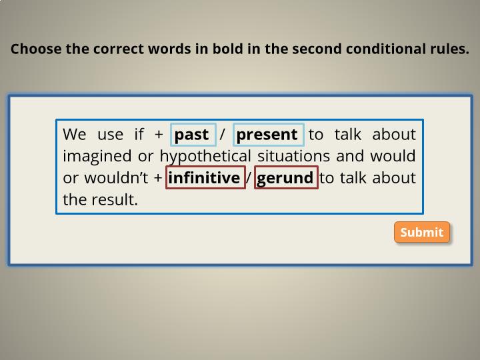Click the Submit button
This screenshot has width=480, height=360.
[422, 232]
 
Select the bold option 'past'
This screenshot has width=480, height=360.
[193, 135]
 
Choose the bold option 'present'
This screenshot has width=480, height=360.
[269, 135]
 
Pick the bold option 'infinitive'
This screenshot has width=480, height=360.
[205, 177]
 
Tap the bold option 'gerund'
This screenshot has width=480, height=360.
[286, 177]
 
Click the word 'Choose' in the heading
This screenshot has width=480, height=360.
[36, 49]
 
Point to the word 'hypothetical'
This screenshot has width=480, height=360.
[205, 157]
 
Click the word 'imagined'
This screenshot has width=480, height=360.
[97, 157]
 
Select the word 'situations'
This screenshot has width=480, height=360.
[293, 156]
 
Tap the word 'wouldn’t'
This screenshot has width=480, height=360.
[116, 178]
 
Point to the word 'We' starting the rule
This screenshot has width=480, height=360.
[75, 135]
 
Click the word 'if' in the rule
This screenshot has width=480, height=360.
[139, 134]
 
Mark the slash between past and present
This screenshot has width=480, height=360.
[223, 134]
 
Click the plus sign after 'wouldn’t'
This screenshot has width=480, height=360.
[158, 178]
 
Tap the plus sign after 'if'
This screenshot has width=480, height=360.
[159, 135]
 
